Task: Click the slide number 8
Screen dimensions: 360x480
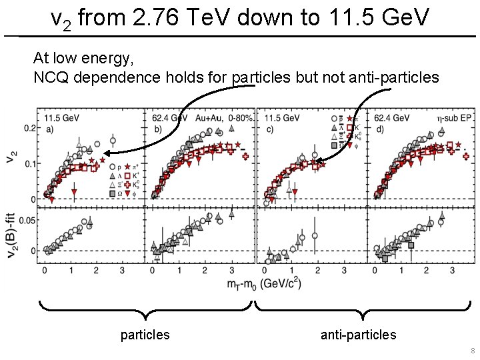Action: [x=472, y=351]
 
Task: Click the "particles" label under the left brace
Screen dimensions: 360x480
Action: [x=145, y=335]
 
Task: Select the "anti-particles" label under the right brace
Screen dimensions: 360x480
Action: [x=358, y=335]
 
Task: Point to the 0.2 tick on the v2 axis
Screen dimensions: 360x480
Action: [x=30, y=127]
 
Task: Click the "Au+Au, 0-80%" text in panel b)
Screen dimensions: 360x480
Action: [x=224, y=117]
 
